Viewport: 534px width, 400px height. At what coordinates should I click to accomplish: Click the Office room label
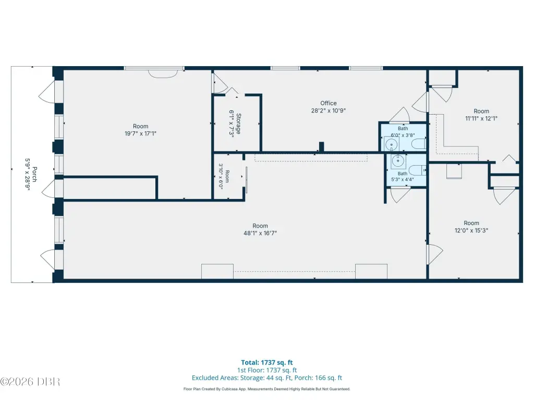tap(329, 103)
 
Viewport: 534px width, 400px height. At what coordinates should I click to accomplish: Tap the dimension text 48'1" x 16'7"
tap(260, 233)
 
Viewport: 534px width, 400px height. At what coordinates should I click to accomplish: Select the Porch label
tap(35, 174)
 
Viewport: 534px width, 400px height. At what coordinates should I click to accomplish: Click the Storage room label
tap(239, 123)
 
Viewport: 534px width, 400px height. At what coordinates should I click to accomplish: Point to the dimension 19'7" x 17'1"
tap(140, 133)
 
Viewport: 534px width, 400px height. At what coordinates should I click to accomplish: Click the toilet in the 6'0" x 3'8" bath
tap(419, 144)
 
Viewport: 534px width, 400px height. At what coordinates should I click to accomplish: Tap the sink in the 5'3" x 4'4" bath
tap(398, 161)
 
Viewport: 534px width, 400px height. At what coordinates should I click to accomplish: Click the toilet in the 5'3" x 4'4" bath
tap(418, 170)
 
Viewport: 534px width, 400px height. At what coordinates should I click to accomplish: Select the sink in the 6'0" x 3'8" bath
tap(391, 144)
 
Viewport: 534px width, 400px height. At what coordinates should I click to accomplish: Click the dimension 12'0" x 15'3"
tap(471, 230)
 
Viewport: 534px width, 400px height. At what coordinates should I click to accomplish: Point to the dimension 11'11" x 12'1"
tap(481, 118)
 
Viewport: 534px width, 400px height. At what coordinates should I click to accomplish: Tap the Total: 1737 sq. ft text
tap(267, 362)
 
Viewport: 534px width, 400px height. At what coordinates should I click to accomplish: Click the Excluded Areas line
tap(267, 378)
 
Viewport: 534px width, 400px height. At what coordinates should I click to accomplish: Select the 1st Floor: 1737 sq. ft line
tap(267, 370)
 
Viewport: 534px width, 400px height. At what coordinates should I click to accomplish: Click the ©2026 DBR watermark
tap(30, 382)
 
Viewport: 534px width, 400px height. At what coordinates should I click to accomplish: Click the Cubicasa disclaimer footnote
tap(266, 389)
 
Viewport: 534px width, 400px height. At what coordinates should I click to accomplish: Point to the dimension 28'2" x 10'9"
tap(329, 110)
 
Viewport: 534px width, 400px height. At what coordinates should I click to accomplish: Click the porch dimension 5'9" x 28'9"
tap(28, 174)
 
